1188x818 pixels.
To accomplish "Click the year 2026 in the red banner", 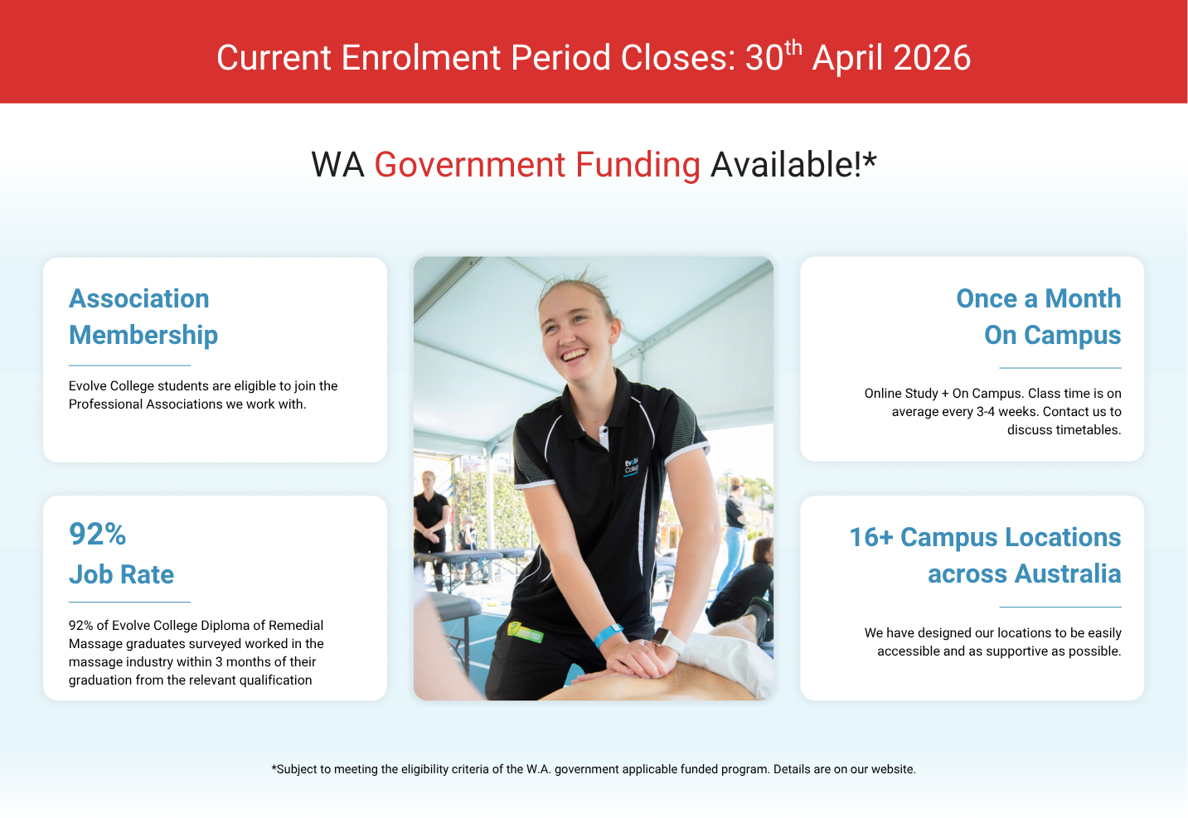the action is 932,58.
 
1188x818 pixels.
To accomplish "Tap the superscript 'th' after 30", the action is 793,48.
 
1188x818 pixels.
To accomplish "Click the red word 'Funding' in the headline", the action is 638,166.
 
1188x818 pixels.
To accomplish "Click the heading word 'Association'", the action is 139,298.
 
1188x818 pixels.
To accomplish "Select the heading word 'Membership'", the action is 143,335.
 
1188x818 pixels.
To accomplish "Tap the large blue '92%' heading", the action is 98,534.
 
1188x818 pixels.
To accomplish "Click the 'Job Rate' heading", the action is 121,574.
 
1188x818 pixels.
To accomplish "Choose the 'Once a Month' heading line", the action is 1039,298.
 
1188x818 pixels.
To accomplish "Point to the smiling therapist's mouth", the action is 575,355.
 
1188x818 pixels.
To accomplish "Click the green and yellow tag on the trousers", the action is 525,632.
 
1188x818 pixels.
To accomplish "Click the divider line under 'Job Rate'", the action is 129,603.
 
